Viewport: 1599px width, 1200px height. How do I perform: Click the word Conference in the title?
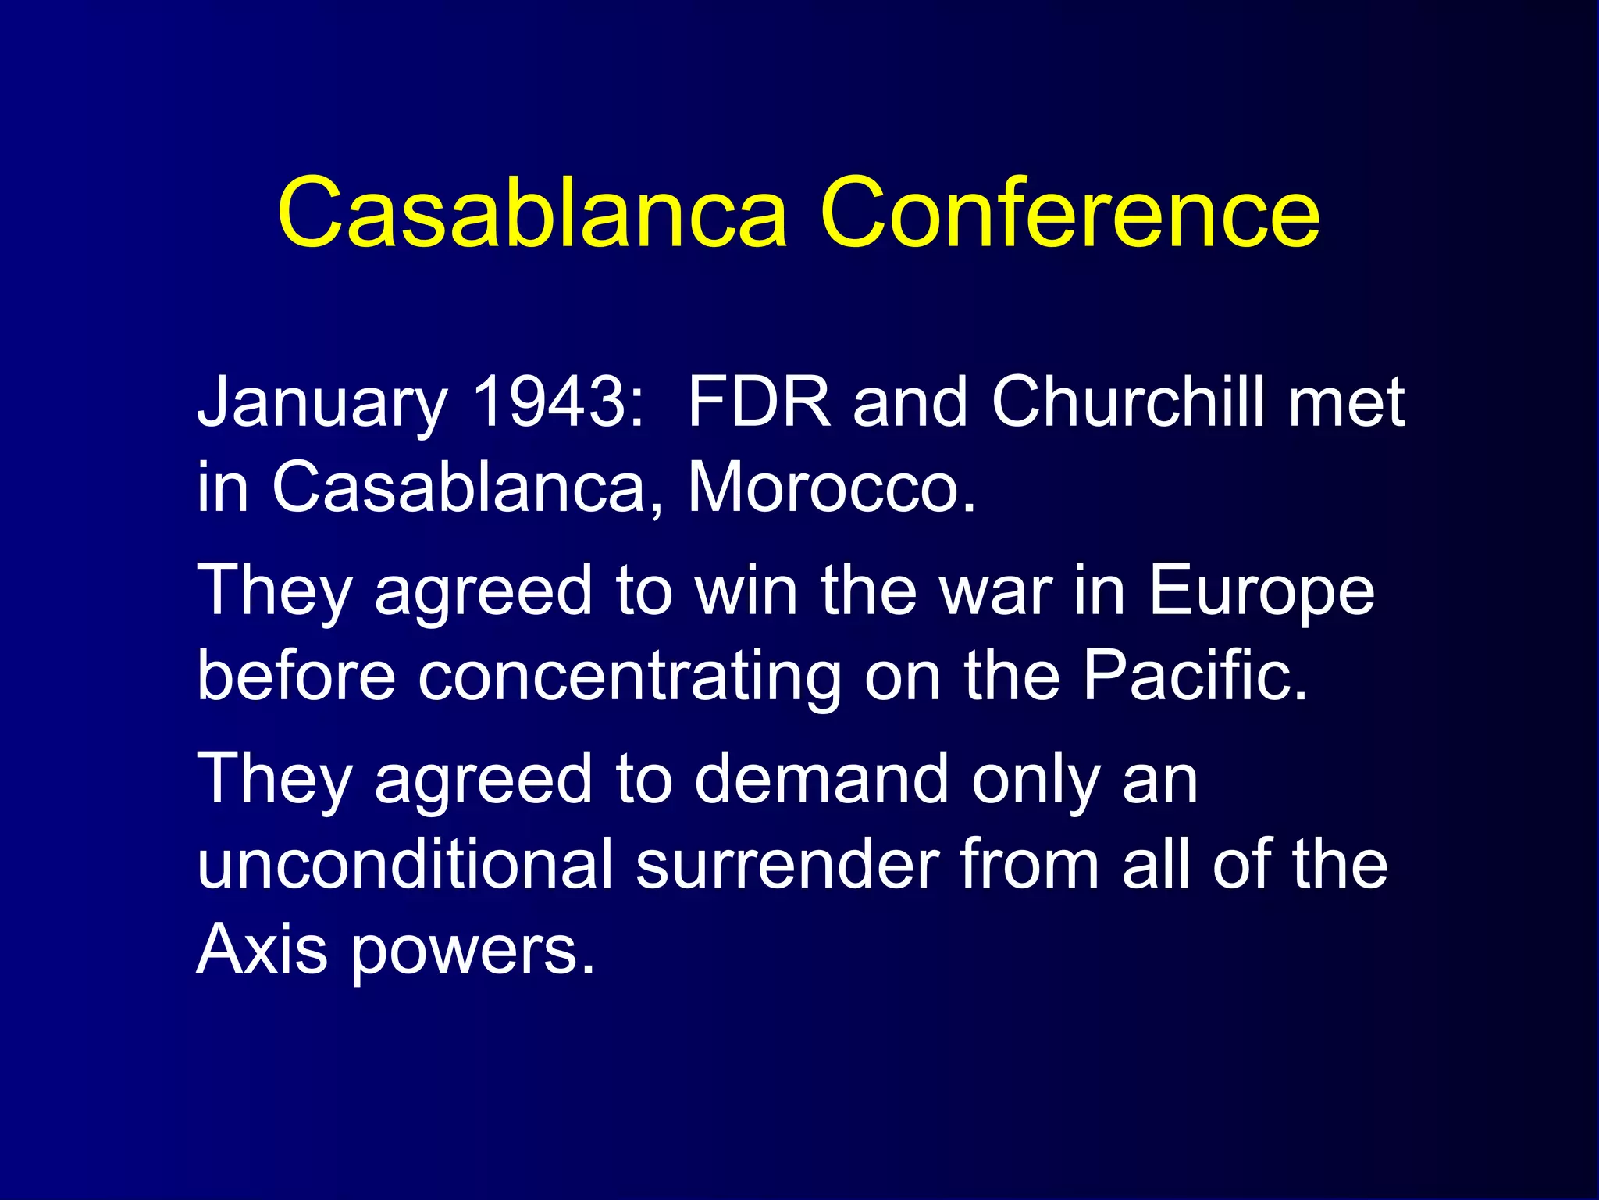1070,212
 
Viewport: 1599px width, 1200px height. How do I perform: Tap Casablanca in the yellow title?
532,212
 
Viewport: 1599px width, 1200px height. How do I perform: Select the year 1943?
559,402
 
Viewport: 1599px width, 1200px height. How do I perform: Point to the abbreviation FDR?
760,402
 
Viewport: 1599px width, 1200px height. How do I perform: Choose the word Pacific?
1194,675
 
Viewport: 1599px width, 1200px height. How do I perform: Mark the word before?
297,675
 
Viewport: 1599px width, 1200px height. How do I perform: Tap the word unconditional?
405,864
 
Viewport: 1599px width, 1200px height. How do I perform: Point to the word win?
746,591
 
